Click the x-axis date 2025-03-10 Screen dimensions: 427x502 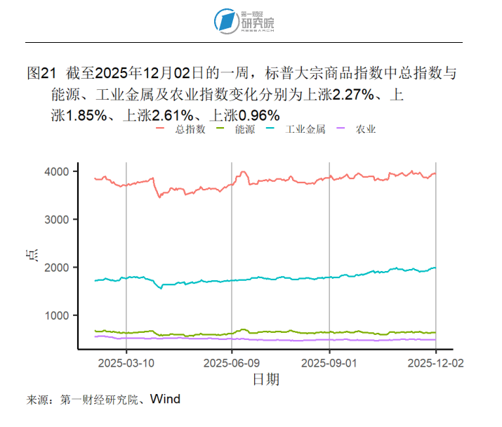(126, 363)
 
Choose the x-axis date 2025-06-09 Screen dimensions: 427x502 (232, 363)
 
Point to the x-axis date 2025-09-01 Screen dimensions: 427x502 (329, 363)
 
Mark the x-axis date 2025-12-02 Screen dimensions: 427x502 (435, 363)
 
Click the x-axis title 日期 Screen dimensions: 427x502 (265, 380)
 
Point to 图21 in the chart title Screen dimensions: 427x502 (40, 73)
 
